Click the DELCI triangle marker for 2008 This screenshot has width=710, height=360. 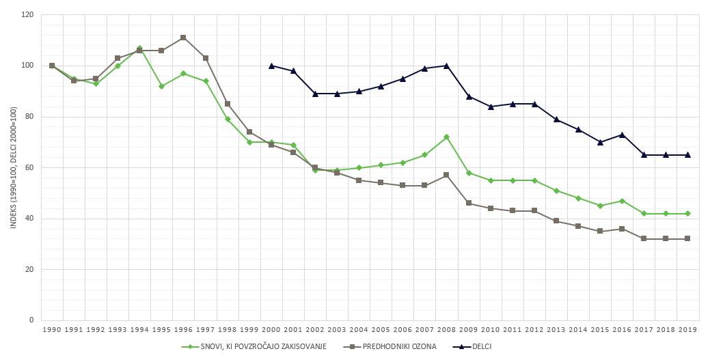coord(446,66)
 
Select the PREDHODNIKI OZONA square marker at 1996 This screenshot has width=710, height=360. coord(183,38)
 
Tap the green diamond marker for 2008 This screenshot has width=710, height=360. coord(446,137)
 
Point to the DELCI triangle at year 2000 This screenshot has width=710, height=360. coord(271,66)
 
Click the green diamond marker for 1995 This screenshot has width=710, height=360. coord(161,86)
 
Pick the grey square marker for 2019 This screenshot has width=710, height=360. coord(687,238)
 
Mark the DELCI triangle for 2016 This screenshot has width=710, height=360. coord(622,135)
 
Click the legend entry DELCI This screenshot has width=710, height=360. coord(481,346)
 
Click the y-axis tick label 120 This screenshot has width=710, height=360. coord(27,14)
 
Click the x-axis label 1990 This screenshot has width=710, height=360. coord(52,330)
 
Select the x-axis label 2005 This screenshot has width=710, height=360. coord(381,330)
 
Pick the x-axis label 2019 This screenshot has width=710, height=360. coord(687,330)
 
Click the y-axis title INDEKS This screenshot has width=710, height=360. coord(13,167)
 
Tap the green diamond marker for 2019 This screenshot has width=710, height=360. coord(687,213)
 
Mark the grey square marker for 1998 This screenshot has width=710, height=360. coord(228,104)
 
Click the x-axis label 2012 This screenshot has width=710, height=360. coord(534,330)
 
